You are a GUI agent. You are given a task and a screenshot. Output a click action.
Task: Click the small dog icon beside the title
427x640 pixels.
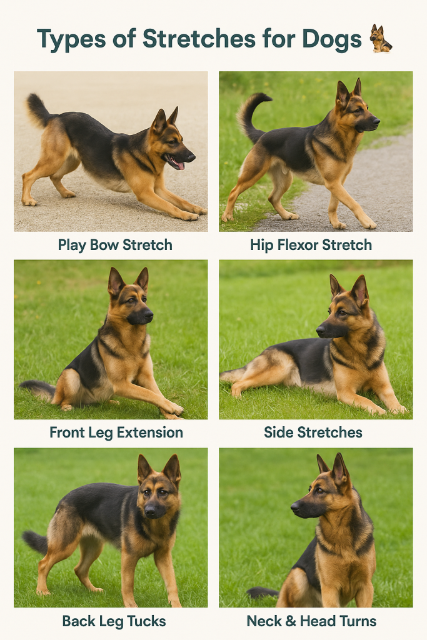(x=380, y=39)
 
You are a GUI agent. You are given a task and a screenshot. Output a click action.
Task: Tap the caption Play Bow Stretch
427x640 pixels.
(x=115, y=244)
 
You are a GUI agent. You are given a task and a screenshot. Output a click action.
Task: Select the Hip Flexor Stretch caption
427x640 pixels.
(x=311, y=244)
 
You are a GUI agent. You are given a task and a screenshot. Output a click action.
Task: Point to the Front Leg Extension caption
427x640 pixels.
(x=116, y=432)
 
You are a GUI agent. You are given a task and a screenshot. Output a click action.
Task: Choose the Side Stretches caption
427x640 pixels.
(x=313, y=432)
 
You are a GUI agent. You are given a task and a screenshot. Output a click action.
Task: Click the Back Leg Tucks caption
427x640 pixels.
(x=114, y=621)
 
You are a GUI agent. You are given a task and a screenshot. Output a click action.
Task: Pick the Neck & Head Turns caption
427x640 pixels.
(x=311, y=621)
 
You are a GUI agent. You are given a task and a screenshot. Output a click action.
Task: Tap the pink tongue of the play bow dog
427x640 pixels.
(x=179, y=165)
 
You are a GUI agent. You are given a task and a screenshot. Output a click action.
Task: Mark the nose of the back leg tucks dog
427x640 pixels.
(x=151, y=511)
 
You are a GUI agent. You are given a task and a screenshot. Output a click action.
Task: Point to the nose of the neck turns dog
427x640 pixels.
(x=294, y=507)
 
